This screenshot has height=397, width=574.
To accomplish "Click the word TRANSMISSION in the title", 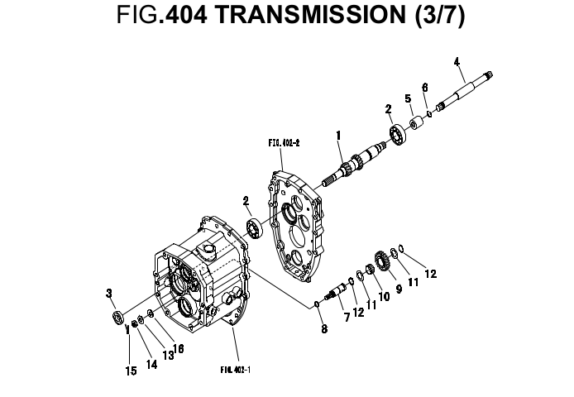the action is tap(309, 15).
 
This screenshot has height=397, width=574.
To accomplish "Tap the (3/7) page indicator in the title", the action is tap(439, 16).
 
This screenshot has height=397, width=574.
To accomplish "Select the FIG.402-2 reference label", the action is tap(284, 143).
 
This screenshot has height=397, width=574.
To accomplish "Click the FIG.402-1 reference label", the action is tap(236, 370).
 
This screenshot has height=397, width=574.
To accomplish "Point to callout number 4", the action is tap(457, 62).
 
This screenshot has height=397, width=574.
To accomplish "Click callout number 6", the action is tap(424, 88).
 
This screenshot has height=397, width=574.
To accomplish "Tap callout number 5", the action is tap(408, 98).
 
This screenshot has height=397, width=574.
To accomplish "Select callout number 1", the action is tap(338, 136).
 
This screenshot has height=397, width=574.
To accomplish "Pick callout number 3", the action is tap(108, 293).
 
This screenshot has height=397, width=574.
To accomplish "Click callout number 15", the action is tap(131, 371).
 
